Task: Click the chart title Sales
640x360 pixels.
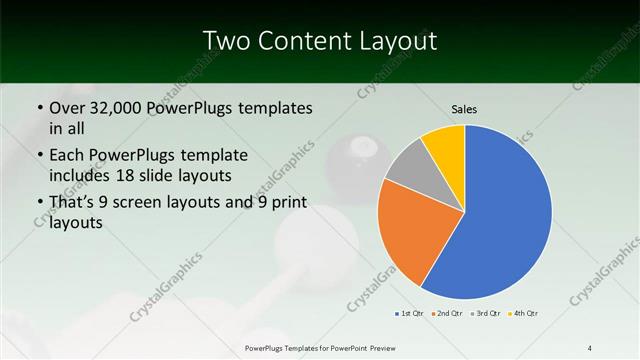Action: click(465, 108)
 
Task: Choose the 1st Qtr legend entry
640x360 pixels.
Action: click(410, 314)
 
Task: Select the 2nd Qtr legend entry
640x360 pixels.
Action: click(446, 314)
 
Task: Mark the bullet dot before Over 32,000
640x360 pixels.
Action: click(39, 108)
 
